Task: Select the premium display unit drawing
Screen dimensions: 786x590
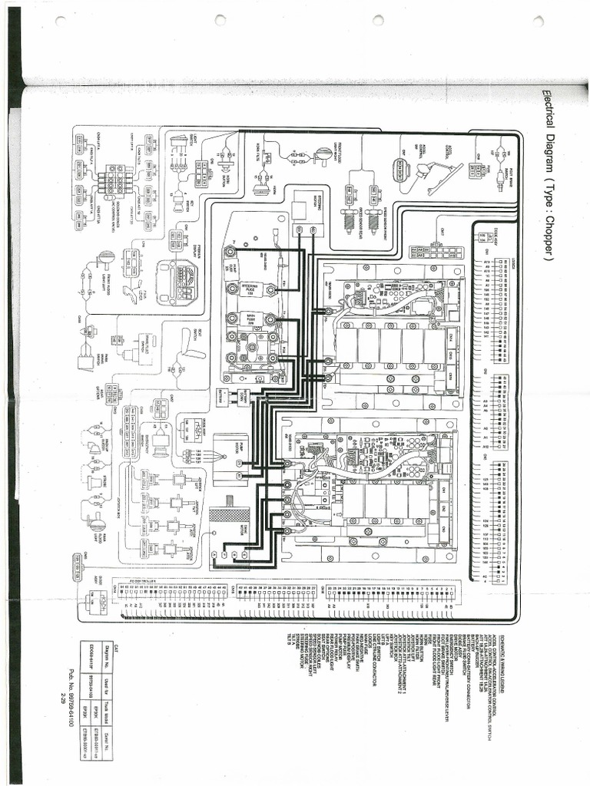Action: [178, 281]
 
